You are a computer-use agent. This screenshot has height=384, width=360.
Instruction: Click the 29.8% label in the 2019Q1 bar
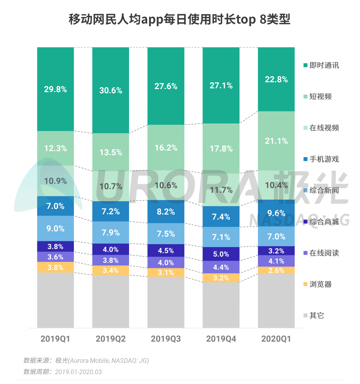click(55, 89)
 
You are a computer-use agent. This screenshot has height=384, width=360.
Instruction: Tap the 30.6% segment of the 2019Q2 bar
click(111, 91)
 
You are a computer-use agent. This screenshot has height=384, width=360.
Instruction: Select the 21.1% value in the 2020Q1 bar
click(276, 141)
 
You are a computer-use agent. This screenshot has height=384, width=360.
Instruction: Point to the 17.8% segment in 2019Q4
click(221, 148)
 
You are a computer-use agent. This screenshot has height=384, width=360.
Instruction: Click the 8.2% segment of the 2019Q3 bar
click(166, 212)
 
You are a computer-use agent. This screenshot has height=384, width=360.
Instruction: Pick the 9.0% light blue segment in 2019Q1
click(55, 229)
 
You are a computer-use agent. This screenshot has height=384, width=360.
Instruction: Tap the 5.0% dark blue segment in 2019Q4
click(221, 254)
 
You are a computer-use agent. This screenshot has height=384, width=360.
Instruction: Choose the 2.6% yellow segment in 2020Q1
click(276, 270)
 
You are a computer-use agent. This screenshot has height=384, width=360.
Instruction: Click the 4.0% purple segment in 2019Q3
click(166, 263)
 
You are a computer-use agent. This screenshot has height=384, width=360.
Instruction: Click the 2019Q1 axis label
click(55, 339)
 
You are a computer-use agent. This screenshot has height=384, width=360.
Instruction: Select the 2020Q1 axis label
click(276, 339)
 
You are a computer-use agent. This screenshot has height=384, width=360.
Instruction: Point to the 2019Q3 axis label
click(166, 339)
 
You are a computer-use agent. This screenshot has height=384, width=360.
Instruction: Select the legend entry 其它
click(317, 315)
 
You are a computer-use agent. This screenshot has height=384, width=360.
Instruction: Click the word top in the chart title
click(246, 20)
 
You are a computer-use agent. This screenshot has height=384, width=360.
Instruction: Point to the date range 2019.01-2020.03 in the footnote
click(78, 372)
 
